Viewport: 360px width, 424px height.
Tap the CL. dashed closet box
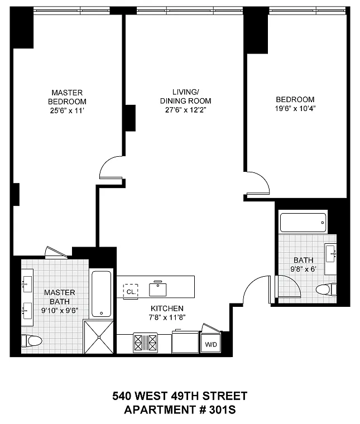click(x=131, y=291)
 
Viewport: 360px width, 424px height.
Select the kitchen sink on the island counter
click(x=158, y=289)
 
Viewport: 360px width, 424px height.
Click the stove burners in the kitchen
click(x=145, y=343)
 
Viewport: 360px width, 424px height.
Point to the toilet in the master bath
click(x=31, y=341)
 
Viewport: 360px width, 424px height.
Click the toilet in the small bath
click(x=326, y=290)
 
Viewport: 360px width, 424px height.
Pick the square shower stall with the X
click(x=99, y=337)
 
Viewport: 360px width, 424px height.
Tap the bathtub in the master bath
click(x=101, y=293)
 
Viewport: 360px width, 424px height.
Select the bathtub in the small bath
click(x=303, y=223)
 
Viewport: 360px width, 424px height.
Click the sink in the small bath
click(x=331, y=254)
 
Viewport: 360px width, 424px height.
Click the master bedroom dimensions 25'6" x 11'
click(x=68, y=110)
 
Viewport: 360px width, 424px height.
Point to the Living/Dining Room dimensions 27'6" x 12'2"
click(x=185, y=110)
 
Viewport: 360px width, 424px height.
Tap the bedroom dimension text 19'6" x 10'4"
click(x=295, y=108)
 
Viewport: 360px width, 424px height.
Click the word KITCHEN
click(x=167, y=309)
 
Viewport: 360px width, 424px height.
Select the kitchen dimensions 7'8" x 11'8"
click(x=167, y=317)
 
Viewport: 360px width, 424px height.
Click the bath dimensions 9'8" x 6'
click(x=304, y=269)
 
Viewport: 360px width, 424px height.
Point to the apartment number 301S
click(x=222, y=410)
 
